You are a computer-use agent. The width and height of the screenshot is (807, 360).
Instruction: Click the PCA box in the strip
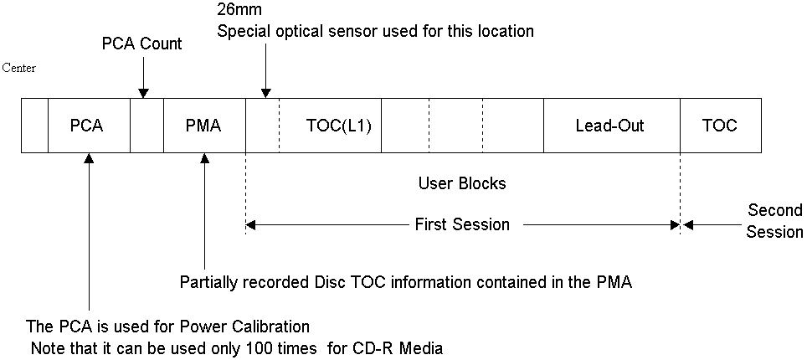click(89, 126)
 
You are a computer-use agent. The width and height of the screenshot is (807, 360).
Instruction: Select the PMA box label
click(203, 126)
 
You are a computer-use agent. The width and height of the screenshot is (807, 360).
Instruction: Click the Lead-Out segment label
click(610, 126)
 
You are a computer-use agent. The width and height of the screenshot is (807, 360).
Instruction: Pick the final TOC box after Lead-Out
click(721, 126)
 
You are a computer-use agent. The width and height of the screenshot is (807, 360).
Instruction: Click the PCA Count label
click(142, 44)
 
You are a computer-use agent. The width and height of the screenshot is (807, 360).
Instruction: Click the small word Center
click(19, 68)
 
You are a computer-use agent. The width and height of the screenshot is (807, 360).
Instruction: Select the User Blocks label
click(462, 183)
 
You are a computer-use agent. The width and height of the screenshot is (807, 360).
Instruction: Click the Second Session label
click(774, 221)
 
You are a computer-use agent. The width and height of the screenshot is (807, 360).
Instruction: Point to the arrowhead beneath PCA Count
click(144, 93)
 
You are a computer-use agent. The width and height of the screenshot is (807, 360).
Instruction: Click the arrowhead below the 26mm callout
click(265, 93)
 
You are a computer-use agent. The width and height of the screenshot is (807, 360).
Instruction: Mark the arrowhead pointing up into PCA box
click(90, 158)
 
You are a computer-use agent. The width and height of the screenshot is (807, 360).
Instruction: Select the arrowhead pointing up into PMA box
click(205, 158)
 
